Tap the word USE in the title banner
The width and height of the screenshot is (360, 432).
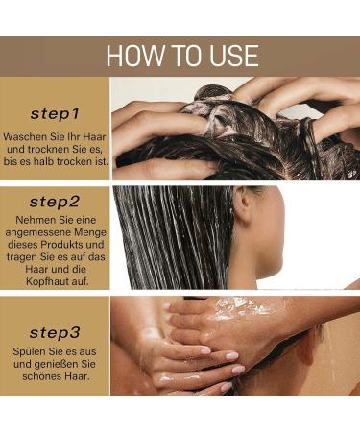point(230,56)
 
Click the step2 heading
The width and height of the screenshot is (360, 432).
point(55,202)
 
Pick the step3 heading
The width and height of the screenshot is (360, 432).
point(55,333)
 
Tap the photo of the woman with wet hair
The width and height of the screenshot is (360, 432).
point(235,237)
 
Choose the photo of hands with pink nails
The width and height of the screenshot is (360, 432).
point(235,346)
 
